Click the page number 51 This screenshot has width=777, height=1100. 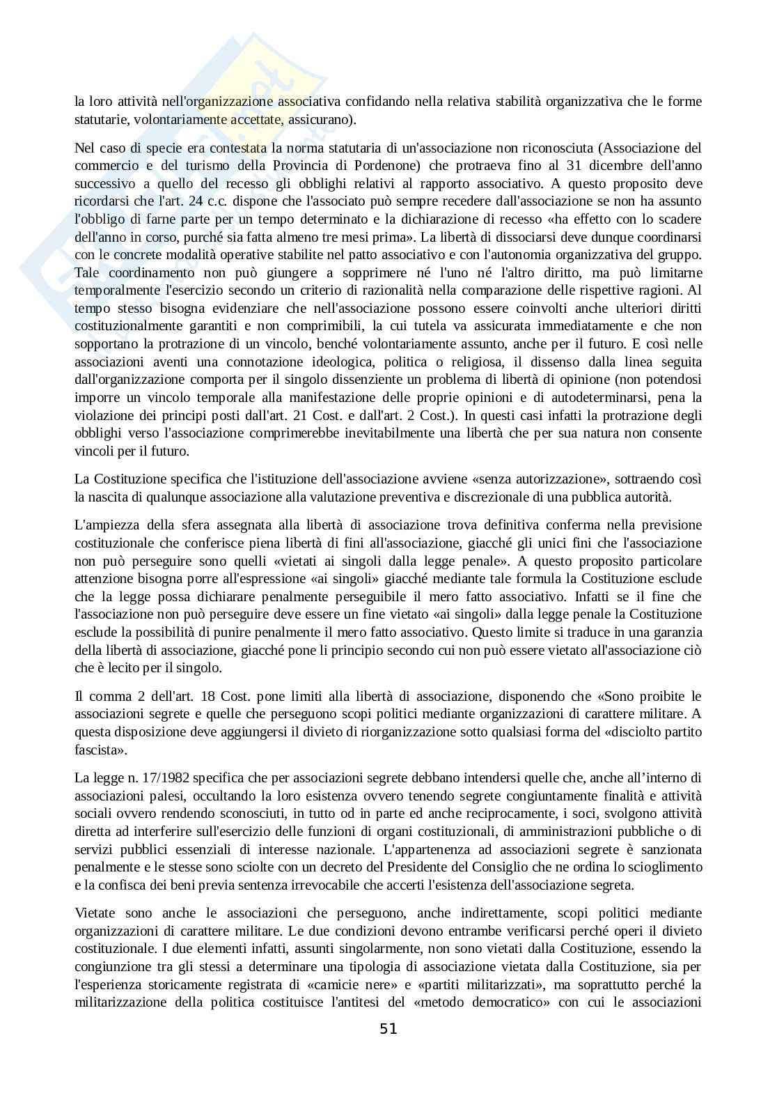[x=388, y=1029]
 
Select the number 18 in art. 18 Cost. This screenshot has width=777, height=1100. [x=206, y=697]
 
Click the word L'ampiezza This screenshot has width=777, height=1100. [x=102, y=525]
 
